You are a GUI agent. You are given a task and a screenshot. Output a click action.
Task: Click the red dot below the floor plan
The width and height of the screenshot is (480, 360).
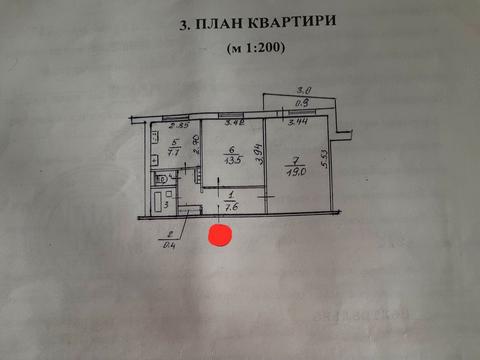219,237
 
